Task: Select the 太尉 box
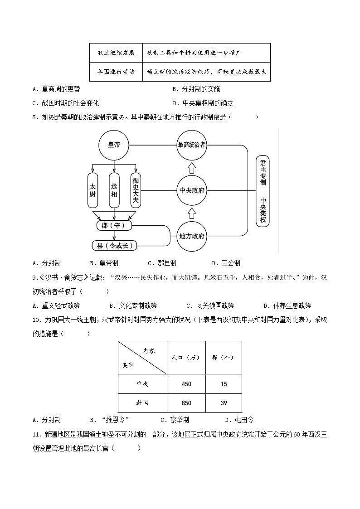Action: click(92, 186)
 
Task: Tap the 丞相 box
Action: click(114, 186)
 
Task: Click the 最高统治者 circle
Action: click(191, 145)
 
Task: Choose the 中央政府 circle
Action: click(191, 190)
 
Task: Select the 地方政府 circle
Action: click(191, 236)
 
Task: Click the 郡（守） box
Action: click(114, 225)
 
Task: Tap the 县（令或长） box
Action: click(114, 246)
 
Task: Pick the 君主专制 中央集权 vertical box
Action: click(263, 190)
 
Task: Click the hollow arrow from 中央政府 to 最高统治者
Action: click(191, 168)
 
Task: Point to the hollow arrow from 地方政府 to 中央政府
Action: click(191, 213)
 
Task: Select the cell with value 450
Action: click(186, 384)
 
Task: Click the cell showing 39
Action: click(224, 403)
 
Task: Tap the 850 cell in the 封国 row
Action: click(186, 403)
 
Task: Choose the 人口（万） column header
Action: click(186, 357)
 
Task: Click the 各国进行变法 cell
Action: click(116, 72)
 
